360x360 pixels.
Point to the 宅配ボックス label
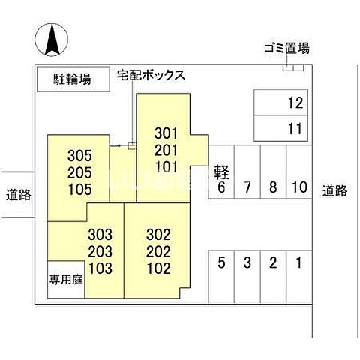click(x=151, y=76)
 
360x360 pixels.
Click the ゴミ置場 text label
click(x=286, y=49)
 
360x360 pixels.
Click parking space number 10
click(x=298, y=187)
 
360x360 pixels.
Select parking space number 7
click(x=247, y=187)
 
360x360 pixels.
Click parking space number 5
click(x=221, y=263)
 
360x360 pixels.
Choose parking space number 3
click(x=247, y=263)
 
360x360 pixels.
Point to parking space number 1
click(x=298, y=263)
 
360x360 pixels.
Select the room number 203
click(x=100, y=251)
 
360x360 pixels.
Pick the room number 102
click(x=159, y=268)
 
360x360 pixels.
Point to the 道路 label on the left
click(x=16, y=195)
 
